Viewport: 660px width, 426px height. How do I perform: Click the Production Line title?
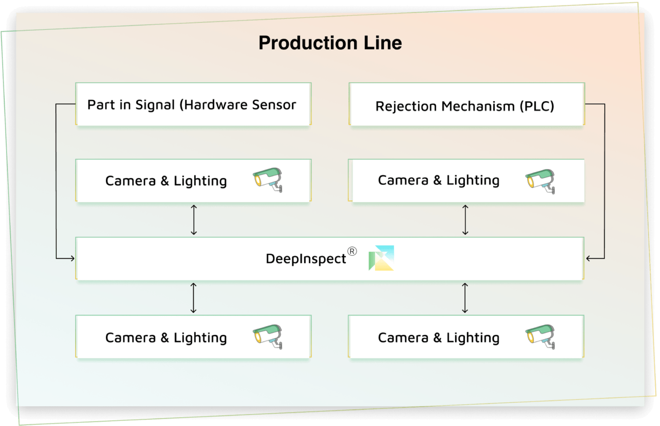coord(330,43)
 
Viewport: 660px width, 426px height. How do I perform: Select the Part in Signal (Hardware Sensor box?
coord(193,105)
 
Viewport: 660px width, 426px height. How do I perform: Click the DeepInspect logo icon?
coord(381,258)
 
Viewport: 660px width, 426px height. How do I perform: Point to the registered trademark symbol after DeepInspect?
coord(352,251)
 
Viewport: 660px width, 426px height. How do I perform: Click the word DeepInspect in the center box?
coord(305,259)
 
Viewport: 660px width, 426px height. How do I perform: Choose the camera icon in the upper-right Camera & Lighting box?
coord(541,181)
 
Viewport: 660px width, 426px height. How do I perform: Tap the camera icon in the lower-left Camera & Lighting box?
coord(268,337)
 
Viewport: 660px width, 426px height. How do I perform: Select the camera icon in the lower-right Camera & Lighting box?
coord(541,337)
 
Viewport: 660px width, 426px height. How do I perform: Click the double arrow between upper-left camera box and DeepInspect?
coord(194,220)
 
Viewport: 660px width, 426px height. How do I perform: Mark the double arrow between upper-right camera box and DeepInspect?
coord(465,220)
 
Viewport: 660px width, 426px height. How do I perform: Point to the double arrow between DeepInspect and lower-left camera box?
coord(194,298)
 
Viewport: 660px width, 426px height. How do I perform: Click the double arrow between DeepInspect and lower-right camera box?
coord(465,298)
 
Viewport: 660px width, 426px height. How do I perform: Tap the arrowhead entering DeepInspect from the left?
coord(72,258)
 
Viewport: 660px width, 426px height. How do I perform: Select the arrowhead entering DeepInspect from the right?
coord(589,258)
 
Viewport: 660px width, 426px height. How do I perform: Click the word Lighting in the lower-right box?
coord(473,338)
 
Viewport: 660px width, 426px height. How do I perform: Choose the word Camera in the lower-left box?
coord(130,338)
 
